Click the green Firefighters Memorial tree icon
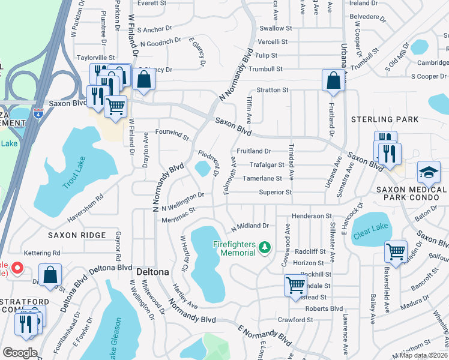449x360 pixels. tap(264, 247)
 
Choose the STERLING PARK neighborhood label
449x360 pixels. tap(385, 119)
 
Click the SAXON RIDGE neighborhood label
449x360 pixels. tap(77, 235)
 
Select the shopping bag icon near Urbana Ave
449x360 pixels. tap(333, 80)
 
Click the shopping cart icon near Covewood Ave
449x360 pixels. tap(295, 285)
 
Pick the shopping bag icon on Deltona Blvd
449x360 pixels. tap(50, 275)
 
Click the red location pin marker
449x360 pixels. tap(17, 268)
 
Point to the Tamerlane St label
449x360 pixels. tap(262, 178)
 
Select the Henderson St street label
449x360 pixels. tap(312, 215)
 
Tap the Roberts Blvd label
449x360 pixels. tap(324, 308)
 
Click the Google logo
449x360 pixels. tap(20, 353)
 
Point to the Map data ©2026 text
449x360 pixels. tap(424, 355)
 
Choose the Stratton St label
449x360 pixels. tap(273, 89)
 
